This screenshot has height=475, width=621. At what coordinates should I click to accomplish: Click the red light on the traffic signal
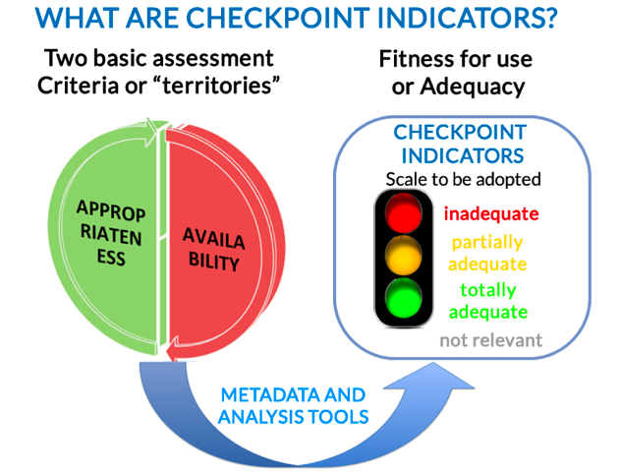pyautogui.click(x=403, y=213)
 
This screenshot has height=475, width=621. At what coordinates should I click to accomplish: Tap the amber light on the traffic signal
pyautogui.click(x=403, y=256)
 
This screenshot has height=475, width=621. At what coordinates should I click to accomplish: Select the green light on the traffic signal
pyautogui.click(x=403, y=298)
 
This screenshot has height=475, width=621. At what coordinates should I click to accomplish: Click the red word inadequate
pyautogui.click(x=491, y=213)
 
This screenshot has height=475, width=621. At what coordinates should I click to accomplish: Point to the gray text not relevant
pyautogui.click(x=491, y=340)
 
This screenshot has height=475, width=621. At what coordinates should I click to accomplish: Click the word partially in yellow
pyautogui.click(x=487, y=243)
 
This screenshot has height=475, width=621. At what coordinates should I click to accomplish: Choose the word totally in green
pyautogui.click(x=488, y=290)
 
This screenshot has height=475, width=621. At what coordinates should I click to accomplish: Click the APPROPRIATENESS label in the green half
pyautogui.click(x=111, y=233)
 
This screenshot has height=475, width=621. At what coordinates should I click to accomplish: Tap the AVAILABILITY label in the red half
pyautogui.click(x=214, y=250)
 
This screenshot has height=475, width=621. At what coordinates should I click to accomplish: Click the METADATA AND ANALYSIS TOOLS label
pyautogui.click(x=294, y=405)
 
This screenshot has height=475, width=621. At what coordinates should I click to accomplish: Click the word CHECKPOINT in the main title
pyautogui.click(x=278, y=18)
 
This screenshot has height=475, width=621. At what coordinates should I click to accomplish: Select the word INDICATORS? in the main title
pyautogui.click(x=468, y=18)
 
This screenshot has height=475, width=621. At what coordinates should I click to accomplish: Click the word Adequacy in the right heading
pyautogui.click(x=473, y=87)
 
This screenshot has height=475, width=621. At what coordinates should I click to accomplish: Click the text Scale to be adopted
pyautogui.click(x=464, y=179)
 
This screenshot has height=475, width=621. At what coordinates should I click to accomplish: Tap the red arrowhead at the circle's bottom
pyautogui.click(x=172, y=350)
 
